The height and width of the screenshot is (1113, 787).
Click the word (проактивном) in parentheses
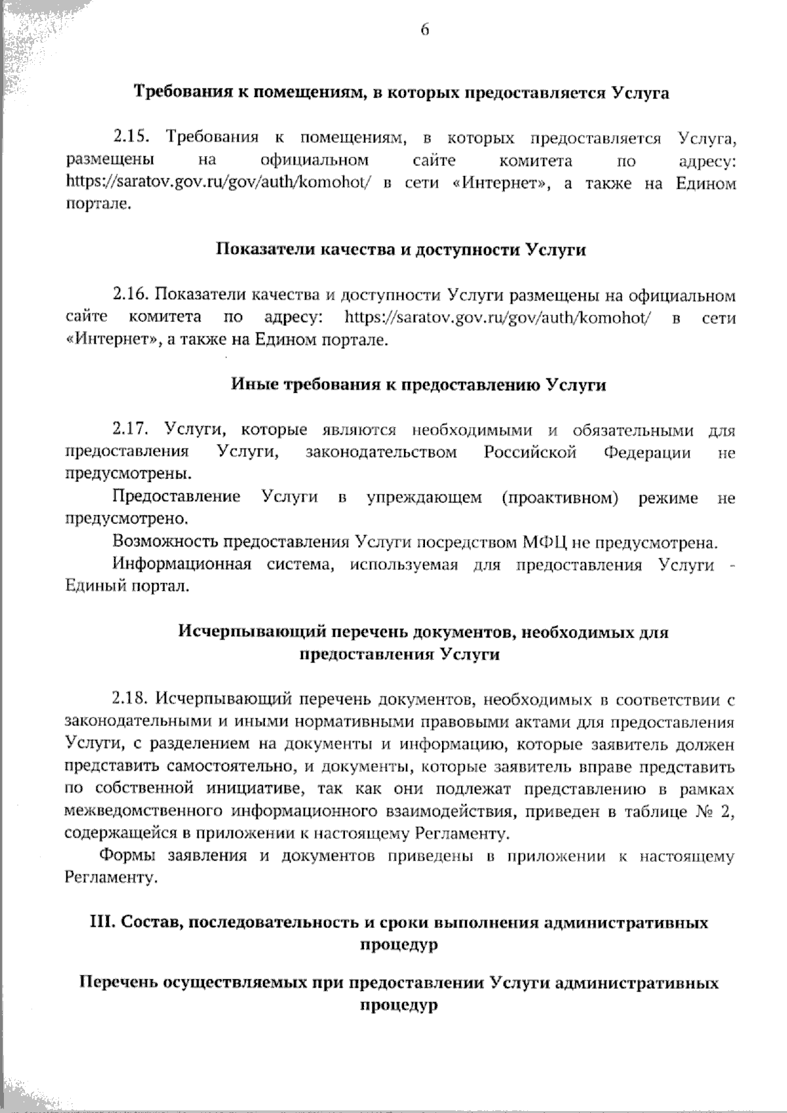pyautogui.click(x=560, y=498)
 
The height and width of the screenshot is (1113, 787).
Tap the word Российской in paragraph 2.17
pyautogui.click(x=530, y=453)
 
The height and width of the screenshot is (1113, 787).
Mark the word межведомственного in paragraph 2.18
pyautogui.click(x=144, y=812)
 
